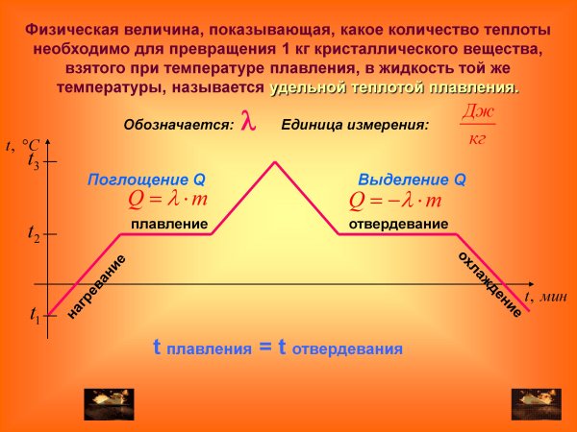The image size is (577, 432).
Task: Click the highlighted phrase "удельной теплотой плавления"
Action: [394, 87]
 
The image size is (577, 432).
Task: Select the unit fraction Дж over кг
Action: [477, 125]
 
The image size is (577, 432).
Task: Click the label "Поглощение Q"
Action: [146, 180]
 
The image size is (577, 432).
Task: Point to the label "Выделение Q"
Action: [412, 180]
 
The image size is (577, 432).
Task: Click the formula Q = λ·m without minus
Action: [167, 200]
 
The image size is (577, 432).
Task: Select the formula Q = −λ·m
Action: [395, 200]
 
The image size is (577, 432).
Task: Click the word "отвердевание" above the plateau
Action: [397, 224]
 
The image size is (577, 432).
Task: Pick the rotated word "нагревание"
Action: [97, 287]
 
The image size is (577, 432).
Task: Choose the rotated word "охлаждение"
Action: [489, 284]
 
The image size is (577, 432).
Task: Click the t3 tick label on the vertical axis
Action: [34, 163]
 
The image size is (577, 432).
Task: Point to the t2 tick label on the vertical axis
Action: [34, 233]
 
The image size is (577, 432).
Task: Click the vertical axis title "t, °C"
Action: [22, 145]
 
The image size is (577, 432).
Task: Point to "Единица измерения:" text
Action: [355, 125]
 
